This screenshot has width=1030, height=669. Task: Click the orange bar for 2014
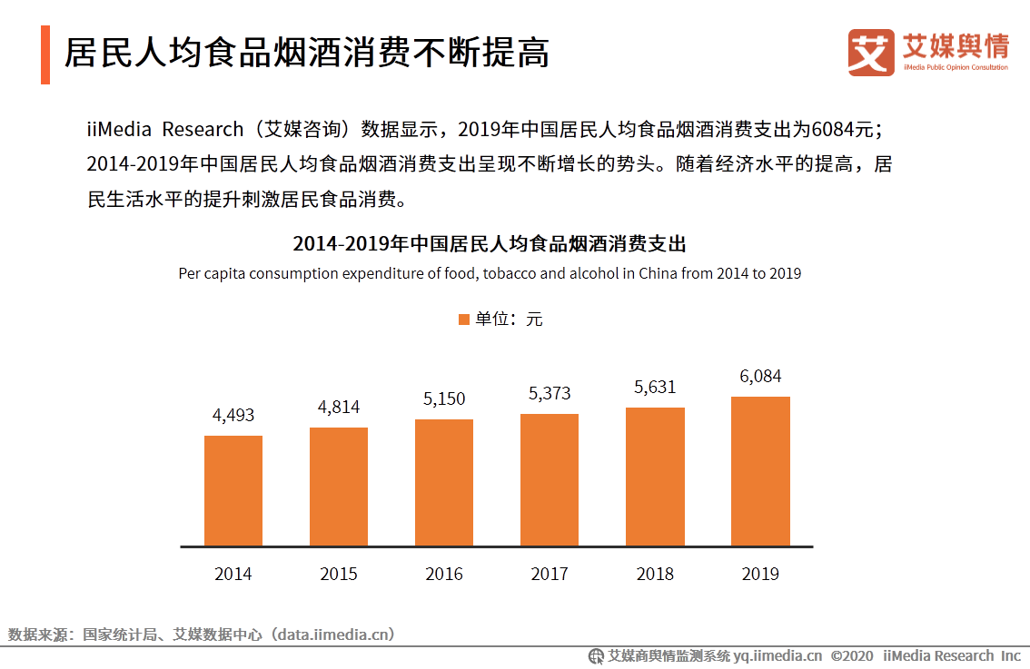tap(233, 491)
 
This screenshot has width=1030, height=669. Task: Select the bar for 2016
tap(444, 483)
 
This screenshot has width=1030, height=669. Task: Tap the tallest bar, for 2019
tap(760, 471)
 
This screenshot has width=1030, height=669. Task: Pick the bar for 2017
tap(550, 480)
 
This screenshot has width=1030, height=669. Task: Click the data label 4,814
tap(339, 407)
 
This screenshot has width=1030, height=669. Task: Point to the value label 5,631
tap(655, 387)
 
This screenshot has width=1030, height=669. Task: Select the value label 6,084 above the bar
tap(760, 376)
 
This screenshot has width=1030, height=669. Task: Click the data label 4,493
tap(233, 415)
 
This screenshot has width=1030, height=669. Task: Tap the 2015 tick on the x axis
tap(339, 574)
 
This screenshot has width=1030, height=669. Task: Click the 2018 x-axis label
tap(655, 574)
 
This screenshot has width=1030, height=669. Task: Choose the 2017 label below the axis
tap(550, 574)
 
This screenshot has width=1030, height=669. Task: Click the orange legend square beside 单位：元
tap(464, 320)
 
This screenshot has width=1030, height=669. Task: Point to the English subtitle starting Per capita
tap(490, 273)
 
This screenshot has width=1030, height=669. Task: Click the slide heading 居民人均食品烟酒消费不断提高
tap(307, 53)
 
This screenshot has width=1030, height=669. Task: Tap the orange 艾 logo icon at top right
tap(871, 52)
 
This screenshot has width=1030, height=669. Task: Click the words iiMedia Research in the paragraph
tap(165, 129)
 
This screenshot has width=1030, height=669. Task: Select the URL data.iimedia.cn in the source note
tap(332, 635)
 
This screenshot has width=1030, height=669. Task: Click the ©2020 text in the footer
tap(852, 655)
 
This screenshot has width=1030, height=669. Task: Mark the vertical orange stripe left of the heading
tap(45, 55)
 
